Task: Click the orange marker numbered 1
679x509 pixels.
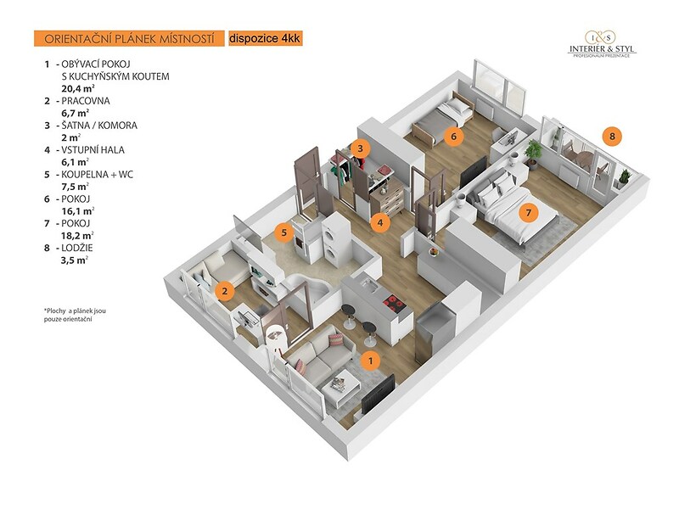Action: (370, 360)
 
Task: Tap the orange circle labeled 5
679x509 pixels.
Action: (284, 232)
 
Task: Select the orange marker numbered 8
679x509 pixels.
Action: (612, 137)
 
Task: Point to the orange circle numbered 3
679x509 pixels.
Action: (360, 149)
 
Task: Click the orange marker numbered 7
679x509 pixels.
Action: (528, 213)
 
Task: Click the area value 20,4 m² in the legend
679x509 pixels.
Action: (78, 88)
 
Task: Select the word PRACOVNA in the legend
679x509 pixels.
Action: (86, 101)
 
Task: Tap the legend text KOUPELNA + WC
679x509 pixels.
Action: (97, 175)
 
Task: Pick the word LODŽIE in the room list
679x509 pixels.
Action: (77, 248)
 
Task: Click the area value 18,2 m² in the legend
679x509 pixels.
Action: (77, 236)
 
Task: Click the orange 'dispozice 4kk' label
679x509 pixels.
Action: (265, 38)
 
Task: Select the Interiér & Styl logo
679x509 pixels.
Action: (602, 44)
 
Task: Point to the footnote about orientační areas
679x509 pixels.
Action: (75, 315)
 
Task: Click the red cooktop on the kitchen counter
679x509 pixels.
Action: (395, 304)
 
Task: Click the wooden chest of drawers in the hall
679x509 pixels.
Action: (388, 197)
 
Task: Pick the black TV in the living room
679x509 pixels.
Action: (378, 394)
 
